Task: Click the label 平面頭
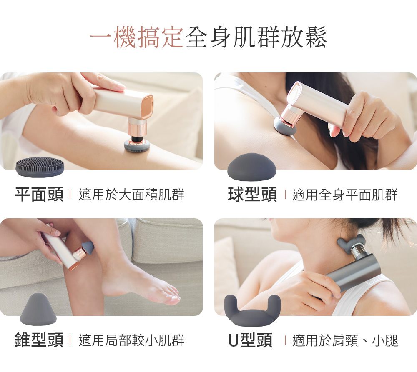point(39,194)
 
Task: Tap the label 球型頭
point(252,194)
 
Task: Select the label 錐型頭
point(39,340)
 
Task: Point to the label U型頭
point(251,340)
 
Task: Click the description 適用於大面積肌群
point(132,195)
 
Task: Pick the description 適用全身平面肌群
point(345,195)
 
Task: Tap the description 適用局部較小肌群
point(132,340)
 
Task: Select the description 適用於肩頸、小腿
point(345,340)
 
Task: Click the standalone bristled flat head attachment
point(40,167)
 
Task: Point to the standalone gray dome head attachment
point(251,167)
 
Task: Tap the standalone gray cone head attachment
point(38,309)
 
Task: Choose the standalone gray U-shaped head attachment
point(252,311)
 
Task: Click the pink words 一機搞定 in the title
point(136,37)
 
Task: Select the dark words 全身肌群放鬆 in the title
point(256,37)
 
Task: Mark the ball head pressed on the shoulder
point(284,127)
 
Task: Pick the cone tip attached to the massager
point(88,247)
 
